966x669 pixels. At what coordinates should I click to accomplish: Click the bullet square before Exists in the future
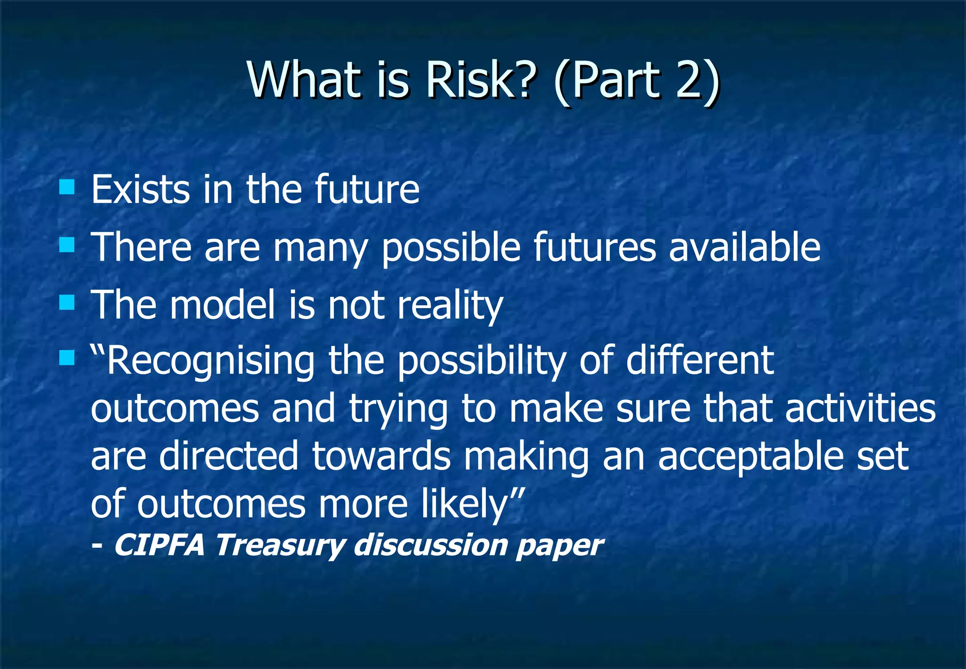[x=67, y=187]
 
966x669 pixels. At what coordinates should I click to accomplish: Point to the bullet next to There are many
[x=67, y=245]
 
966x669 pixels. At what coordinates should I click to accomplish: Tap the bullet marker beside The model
[x=67, y=302]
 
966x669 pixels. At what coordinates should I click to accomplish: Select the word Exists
[x=140, y=190]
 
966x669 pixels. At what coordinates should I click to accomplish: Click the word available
[x=745, y=247]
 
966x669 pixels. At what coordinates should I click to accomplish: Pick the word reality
[x=450, y=306]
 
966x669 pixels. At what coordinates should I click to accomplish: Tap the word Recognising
[x=210, y=361]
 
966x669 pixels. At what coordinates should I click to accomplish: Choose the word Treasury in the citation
[x=280, y=546]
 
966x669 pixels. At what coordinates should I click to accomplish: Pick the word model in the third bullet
[x=222, y=305]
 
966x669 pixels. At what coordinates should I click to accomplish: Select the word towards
[x=382, y=457]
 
